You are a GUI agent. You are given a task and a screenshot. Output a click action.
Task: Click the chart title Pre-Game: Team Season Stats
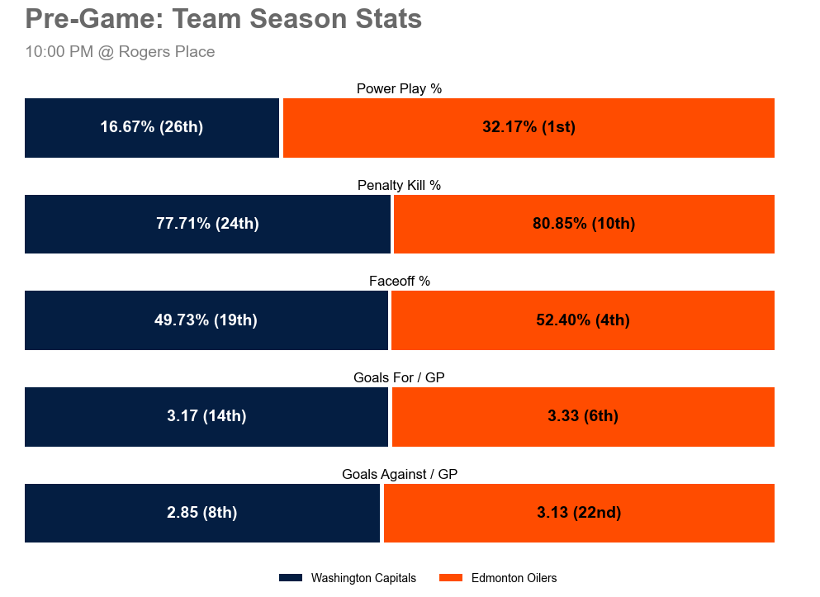pos(224,19)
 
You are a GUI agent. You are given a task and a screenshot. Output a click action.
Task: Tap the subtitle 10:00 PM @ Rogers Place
pos(120,52)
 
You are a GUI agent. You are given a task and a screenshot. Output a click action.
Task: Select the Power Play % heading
pos(400,88)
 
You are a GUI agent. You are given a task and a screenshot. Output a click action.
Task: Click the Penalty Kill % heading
pos(400,185)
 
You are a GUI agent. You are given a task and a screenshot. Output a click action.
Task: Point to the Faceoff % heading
pos(400,282)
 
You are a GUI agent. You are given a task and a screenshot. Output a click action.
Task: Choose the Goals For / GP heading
pos(400,377)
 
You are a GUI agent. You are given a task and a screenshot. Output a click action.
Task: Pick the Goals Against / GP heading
pos(400,474)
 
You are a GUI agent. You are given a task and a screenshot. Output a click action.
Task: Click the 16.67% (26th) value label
pos(152,127)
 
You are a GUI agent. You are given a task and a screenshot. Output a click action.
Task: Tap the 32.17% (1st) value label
pos(528,127)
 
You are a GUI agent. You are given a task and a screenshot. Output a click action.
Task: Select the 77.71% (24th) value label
pos(207,224)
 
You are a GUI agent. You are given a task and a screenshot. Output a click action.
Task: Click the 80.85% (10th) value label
pos(584,224)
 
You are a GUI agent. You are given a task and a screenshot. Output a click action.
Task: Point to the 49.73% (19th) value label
pos(206,320)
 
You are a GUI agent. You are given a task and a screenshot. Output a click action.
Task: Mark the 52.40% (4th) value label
pos(583,320)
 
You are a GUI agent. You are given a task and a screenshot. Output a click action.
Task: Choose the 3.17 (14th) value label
pos(206,416)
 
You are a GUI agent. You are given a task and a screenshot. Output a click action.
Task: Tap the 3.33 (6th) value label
pos(583,416)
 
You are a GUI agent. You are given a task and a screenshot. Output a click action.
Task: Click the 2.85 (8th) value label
pos(202,513)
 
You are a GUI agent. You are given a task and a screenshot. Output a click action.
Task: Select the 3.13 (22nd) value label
pos(579,513)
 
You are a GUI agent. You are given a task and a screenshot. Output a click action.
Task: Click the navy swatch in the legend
pos(292,578)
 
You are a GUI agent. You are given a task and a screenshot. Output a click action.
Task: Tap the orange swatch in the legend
pos(452,578)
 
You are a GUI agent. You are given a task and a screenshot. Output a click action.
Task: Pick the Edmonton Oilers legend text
pos(514,578)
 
